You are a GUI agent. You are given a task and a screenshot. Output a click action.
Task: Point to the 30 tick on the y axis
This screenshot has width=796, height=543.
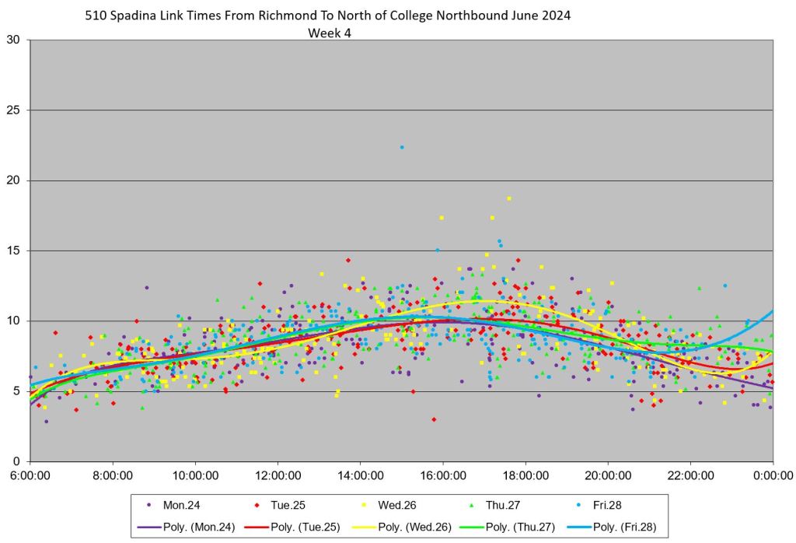(x=15, y=40)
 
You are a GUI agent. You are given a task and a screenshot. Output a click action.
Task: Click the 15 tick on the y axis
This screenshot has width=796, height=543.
(x=15, y=250)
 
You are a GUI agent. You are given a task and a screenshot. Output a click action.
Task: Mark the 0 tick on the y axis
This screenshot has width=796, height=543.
(x=18, y=461)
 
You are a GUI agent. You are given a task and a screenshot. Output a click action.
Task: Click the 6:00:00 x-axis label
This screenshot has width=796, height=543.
(x=30, y=474)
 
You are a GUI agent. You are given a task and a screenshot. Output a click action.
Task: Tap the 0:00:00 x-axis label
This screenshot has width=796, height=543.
(x=773, y=474)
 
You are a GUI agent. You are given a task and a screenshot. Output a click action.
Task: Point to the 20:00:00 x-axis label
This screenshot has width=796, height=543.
(x=608, y=474)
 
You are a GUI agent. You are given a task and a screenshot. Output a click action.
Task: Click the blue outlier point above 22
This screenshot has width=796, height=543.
(x=402, y=147)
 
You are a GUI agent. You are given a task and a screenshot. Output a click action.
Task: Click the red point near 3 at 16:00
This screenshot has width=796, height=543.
(x=434, y=419)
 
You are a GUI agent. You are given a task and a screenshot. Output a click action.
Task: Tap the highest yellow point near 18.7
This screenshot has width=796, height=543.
(x=509, y=198)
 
